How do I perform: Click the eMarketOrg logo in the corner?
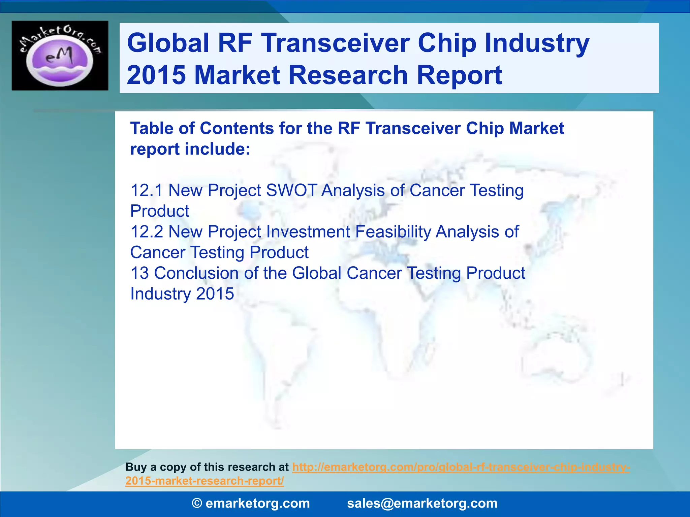(60, 56)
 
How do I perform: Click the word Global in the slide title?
(168, 43)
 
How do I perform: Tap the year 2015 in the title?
(156, 75)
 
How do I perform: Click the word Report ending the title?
(460, 75)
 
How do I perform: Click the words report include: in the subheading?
(190, 149)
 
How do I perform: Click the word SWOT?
(291, 190)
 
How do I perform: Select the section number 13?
(139, 273)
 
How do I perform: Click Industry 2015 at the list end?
(182, 294)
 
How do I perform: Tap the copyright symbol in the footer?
(197, 504)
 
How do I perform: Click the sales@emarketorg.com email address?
(422, 504)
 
